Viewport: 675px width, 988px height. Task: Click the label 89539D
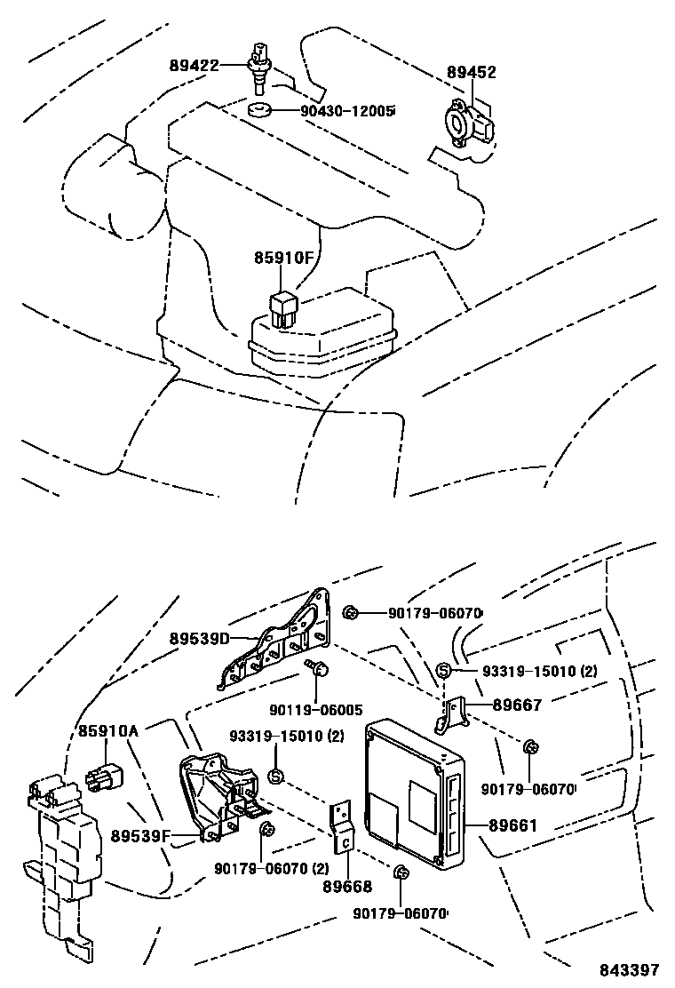coord(200,638)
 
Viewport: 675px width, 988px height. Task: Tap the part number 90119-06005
coord(316,710)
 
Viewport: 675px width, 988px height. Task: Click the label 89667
coord(517,705)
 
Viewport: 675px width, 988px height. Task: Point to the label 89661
coord(517,826)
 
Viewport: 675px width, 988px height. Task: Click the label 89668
coord(347,886)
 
